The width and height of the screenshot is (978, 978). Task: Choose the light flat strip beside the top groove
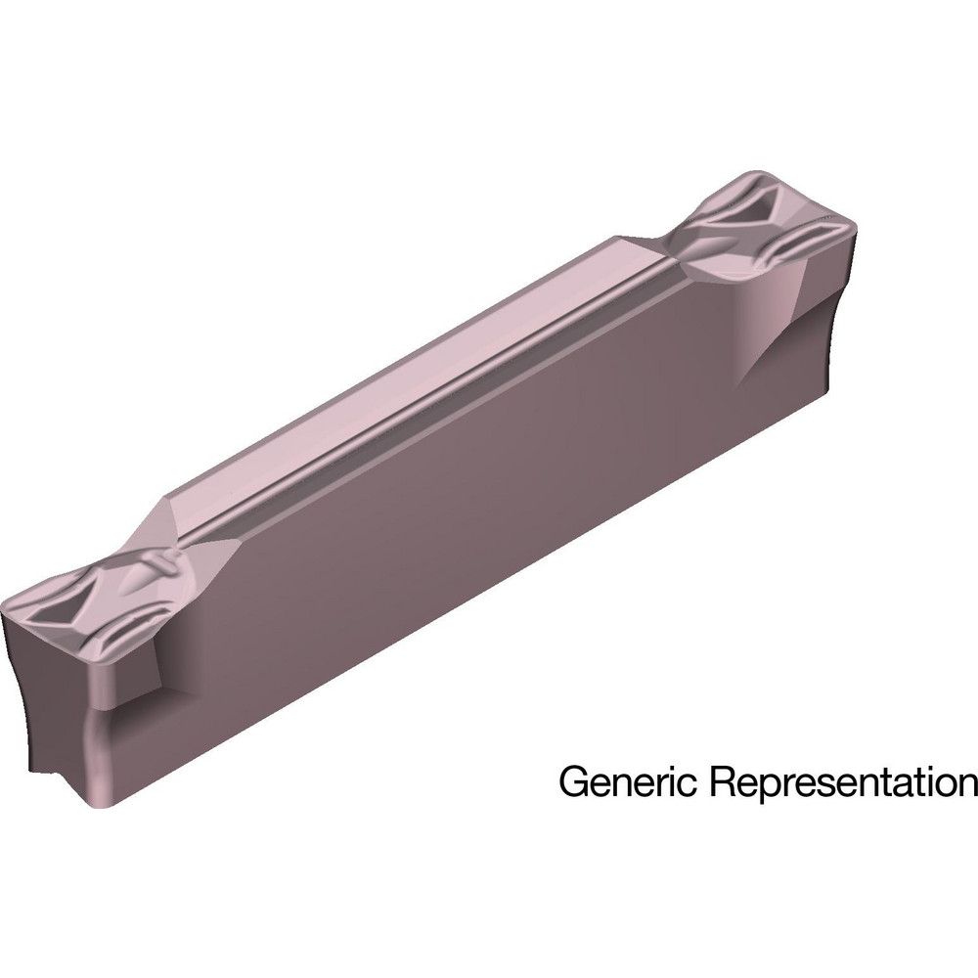click(x=391, y=372)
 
